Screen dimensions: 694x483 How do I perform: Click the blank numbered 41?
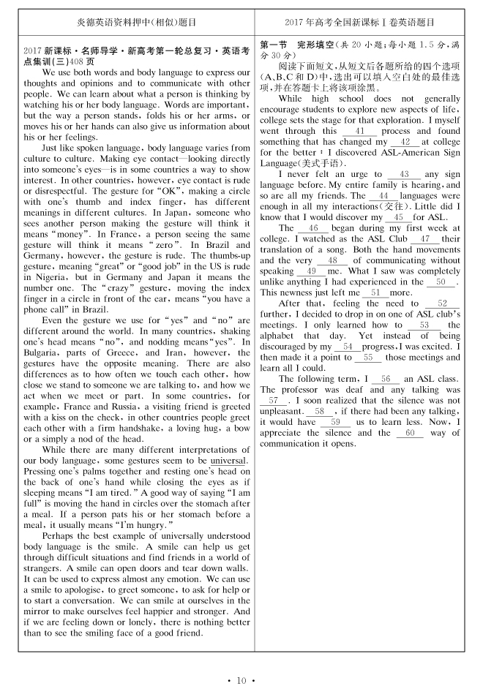359,132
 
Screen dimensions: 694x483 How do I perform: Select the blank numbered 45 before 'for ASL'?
398,218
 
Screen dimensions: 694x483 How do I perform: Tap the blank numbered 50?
441,282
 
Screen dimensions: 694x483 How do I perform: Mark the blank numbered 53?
424,325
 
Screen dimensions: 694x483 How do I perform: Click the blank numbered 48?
332,260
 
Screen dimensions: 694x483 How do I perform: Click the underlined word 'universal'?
229,461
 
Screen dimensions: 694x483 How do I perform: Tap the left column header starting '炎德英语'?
136,22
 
